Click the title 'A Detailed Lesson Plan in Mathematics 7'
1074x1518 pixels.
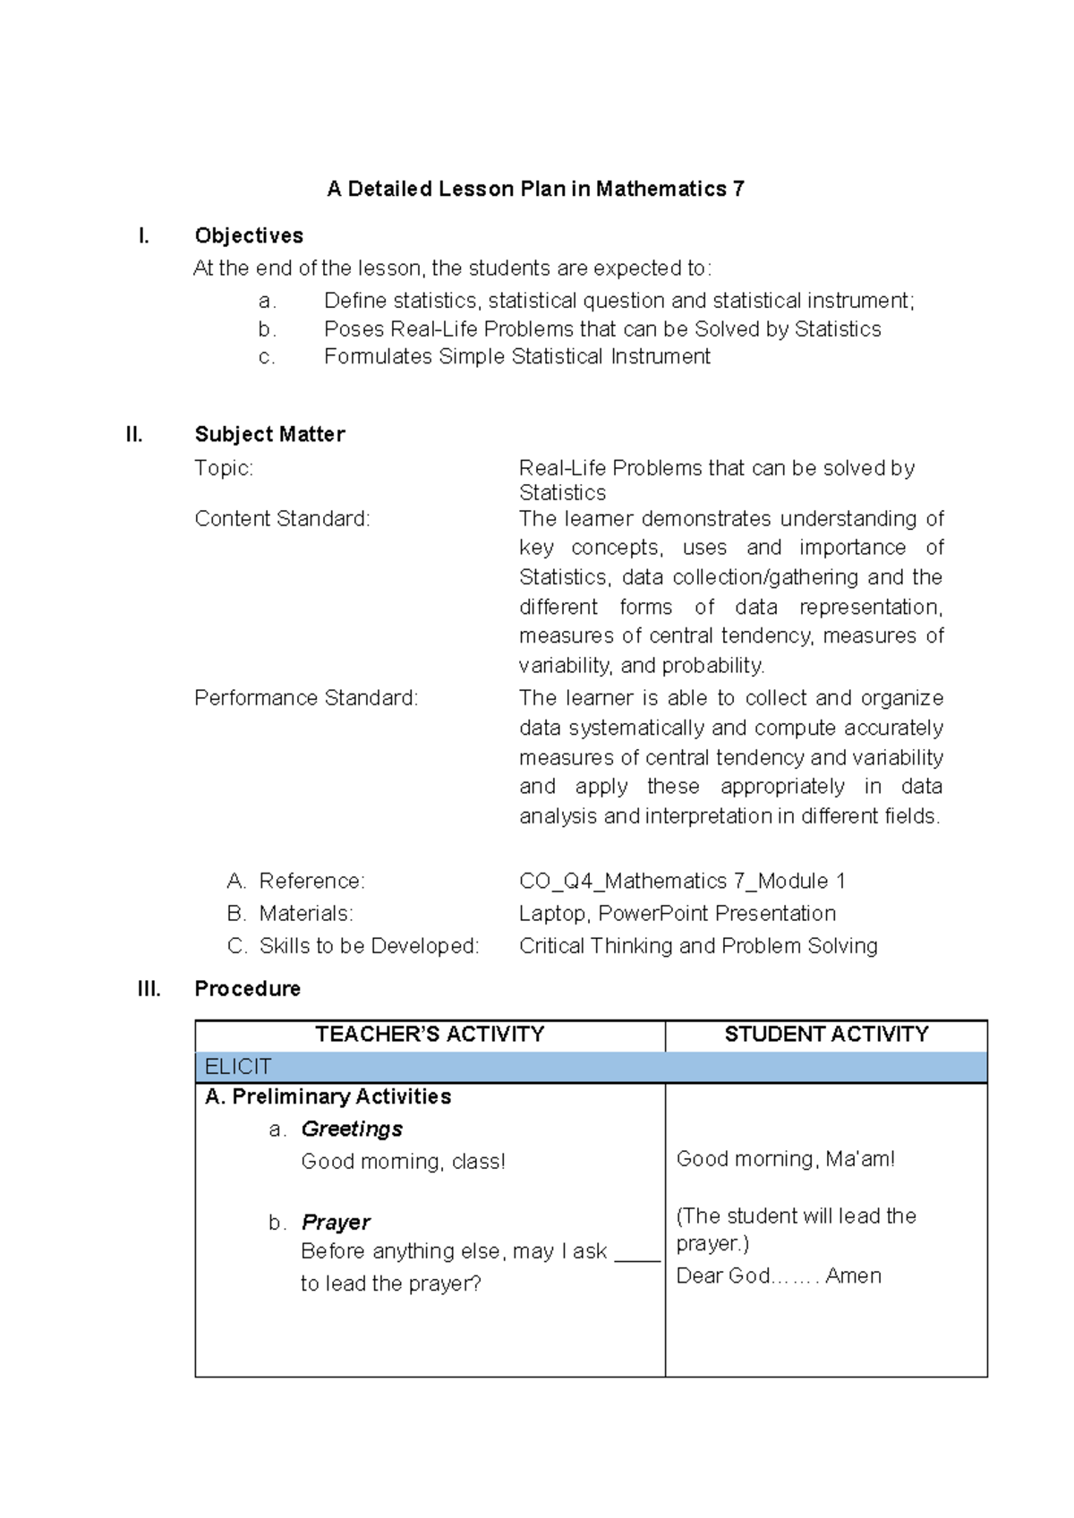coord(535,189)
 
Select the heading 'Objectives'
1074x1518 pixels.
coord(249,235)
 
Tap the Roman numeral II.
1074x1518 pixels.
coord(134,435)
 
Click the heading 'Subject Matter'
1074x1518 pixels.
coord(269,435)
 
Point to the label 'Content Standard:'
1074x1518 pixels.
coord(282,519)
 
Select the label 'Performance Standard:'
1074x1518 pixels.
coord(306,698)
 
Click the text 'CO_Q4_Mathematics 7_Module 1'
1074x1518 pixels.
coord(682,882)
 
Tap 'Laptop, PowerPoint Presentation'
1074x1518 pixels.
coord(678,914)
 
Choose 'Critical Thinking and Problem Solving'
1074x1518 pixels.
coord(698,946)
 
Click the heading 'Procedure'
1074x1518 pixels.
coord(247,989)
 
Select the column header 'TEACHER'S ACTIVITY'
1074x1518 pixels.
coord(430,1035)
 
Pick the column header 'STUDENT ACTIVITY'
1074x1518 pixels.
coord(826,1035)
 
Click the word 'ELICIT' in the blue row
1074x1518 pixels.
coord(237,1067)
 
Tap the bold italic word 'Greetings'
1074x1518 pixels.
coord(352,1130)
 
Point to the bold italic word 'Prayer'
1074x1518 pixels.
coord(336,1223)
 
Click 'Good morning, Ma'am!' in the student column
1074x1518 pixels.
coord(785,1159)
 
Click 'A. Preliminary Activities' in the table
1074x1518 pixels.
coord(328,1097)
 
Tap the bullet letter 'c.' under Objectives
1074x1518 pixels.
coord(266,357)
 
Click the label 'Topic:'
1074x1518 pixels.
coord(224,468)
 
